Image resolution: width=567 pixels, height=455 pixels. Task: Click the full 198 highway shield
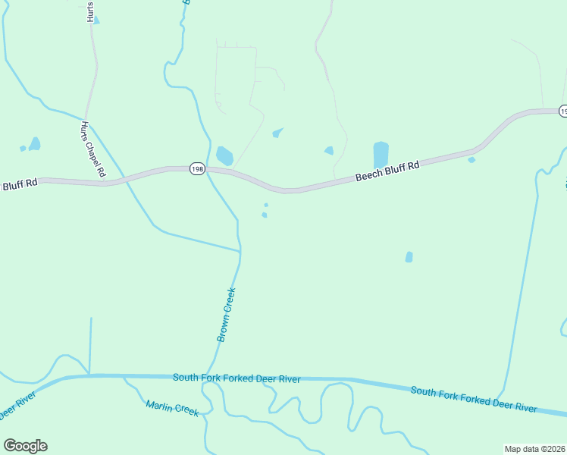(x=197, y=169)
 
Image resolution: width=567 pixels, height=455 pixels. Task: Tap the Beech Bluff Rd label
(x=387, y=171)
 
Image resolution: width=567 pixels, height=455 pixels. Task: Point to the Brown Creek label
(x=227, y=315)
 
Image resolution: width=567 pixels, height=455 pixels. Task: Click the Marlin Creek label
(x=172, y=408)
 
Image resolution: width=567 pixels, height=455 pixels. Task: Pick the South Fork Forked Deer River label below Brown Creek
(x=237, y=378)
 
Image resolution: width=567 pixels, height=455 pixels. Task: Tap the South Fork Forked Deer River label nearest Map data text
(x=474, y=400)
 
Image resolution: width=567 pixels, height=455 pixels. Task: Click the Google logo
(x=25, y=446)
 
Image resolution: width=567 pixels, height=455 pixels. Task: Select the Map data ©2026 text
(x=535, y=448)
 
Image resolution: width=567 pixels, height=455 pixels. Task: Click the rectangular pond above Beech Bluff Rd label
(x=381, y=155)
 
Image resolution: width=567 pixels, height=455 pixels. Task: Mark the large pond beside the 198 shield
(x=224, y=155)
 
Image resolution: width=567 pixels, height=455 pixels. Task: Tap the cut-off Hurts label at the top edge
(x=90, y=11)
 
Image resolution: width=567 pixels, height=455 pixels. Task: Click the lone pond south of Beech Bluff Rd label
(x=409, y=257)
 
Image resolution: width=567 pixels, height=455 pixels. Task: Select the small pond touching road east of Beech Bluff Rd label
(x=471, y=159)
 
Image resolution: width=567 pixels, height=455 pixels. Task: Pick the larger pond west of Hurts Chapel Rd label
(x=34, y=143)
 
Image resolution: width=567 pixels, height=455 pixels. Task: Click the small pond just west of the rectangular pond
(x=329, y=150)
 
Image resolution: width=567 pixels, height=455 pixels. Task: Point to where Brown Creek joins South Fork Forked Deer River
(x=206, y=375)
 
